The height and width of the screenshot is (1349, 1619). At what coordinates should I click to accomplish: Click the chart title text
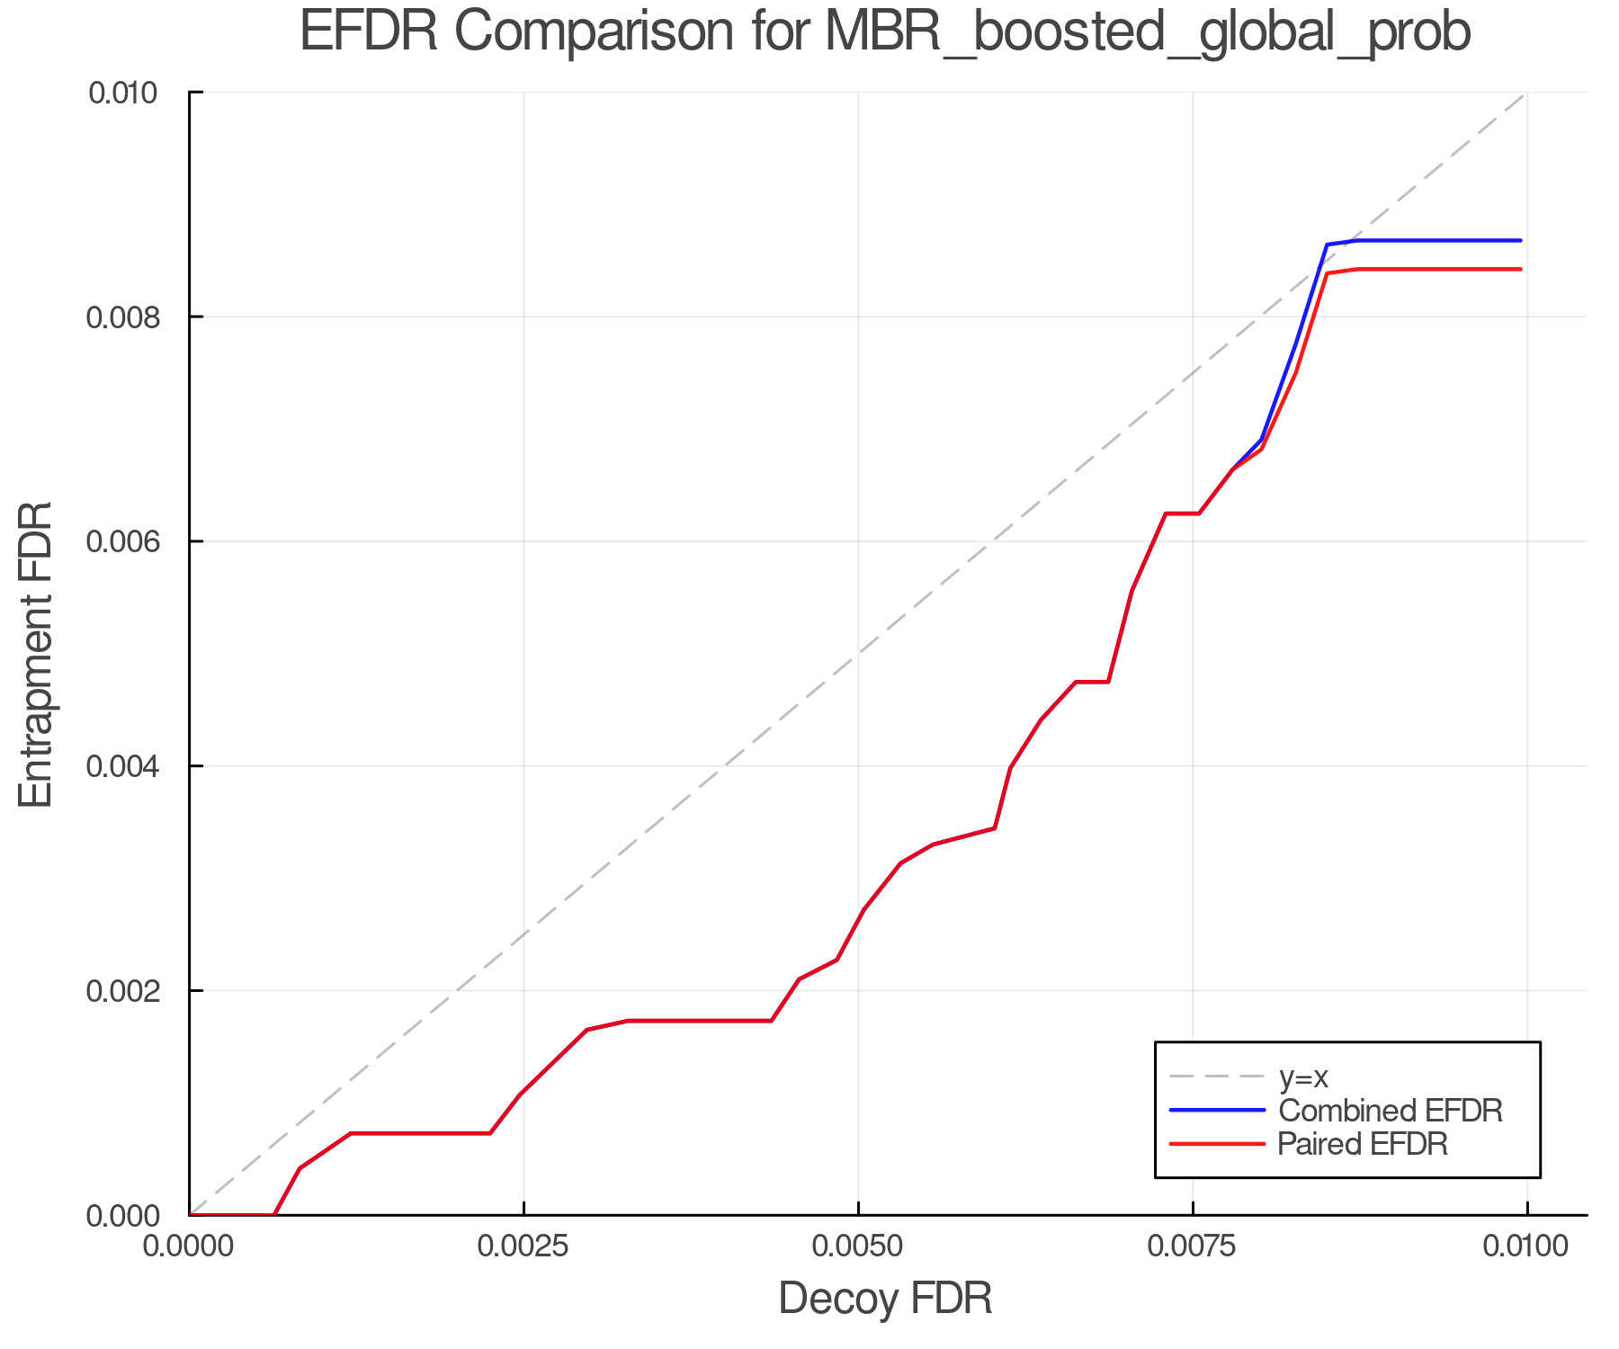click(x=884, y=32)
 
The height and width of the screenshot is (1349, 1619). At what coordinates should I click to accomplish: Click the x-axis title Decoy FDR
click(x=884, y=1298)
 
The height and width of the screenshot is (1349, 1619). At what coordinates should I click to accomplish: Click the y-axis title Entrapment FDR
click(x=36, y=655)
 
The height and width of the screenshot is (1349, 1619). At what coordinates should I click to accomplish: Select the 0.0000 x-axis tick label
click(x=189, y=1246)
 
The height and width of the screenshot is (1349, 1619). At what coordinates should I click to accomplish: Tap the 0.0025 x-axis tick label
click(x=523, y=1246)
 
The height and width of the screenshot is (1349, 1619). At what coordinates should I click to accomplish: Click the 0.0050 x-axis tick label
click(x=858, y=1246)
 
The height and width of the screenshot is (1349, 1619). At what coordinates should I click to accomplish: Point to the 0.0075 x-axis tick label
click(x=1193, y=1246)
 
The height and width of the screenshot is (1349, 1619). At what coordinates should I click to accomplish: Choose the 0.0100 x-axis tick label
click(x=1526, y=1246)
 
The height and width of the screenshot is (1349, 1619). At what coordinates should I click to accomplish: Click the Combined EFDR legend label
click(x=1391, y=1111)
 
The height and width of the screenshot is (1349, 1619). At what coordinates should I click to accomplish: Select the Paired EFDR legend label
click(x=1363, y=1144)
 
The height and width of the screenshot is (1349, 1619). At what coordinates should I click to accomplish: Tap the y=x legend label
click(x=1303, y=1077)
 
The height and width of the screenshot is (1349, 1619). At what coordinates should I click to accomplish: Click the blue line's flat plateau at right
click(x=1439, y=240)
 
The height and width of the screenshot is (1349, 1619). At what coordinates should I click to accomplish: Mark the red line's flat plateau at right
click(x=1439, y=269)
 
